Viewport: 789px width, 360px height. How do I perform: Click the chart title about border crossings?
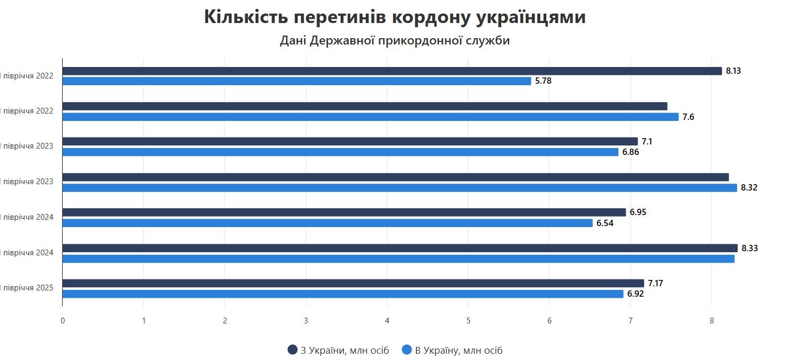[394, 17]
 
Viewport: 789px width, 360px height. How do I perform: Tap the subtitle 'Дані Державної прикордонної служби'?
[394, 40]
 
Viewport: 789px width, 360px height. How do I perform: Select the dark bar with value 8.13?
[392, 71]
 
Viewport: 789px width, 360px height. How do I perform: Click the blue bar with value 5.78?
[297, 81]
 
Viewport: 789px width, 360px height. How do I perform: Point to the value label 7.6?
[688, 117]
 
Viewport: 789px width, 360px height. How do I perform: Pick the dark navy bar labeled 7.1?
[350, 142]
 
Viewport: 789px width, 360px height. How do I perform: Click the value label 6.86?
[630, 152]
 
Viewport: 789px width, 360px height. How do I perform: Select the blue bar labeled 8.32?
[400, 188]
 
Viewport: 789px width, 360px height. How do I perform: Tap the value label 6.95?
[638, 212]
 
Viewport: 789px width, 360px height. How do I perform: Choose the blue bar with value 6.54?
[328, 223]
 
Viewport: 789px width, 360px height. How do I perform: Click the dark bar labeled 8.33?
[400, 248]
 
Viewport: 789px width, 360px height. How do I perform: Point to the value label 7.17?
[656, 284]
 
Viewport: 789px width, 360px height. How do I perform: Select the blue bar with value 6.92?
[343, 294]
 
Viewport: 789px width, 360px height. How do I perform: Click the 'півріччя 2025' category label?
[28, 288]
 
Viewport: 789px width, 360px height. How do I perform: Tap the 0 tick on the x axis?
[63, 321]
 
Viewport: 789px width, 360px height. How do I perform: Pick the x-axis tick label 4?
[387, 321]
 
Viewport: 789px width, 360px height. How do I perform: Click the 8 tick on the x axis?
[712, 321]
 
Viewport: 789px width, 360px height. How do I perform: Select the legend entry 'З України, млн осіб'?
[339, 351]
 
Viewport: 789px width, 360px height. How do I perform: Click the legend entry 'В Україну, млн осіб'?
[452, 351]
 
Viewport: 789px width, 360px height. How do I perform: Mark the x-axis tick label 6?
[549, 321]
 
